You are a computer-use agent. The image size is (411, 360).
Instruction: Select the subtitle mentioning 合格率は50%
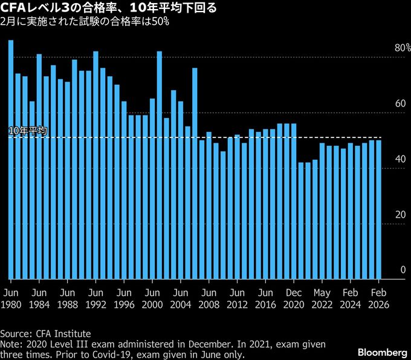(85, 21)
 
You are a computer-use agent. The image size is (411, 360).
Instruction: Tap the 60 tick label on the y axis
(399, 104)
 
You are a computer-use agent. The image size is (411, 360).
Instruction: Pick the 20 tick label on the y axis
(399, 215)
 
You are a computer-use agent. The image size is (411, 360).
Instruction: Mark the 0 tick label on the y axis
(402, 270)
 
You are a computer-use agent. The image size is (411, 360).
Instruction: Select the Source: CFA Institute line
(45, 333)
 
